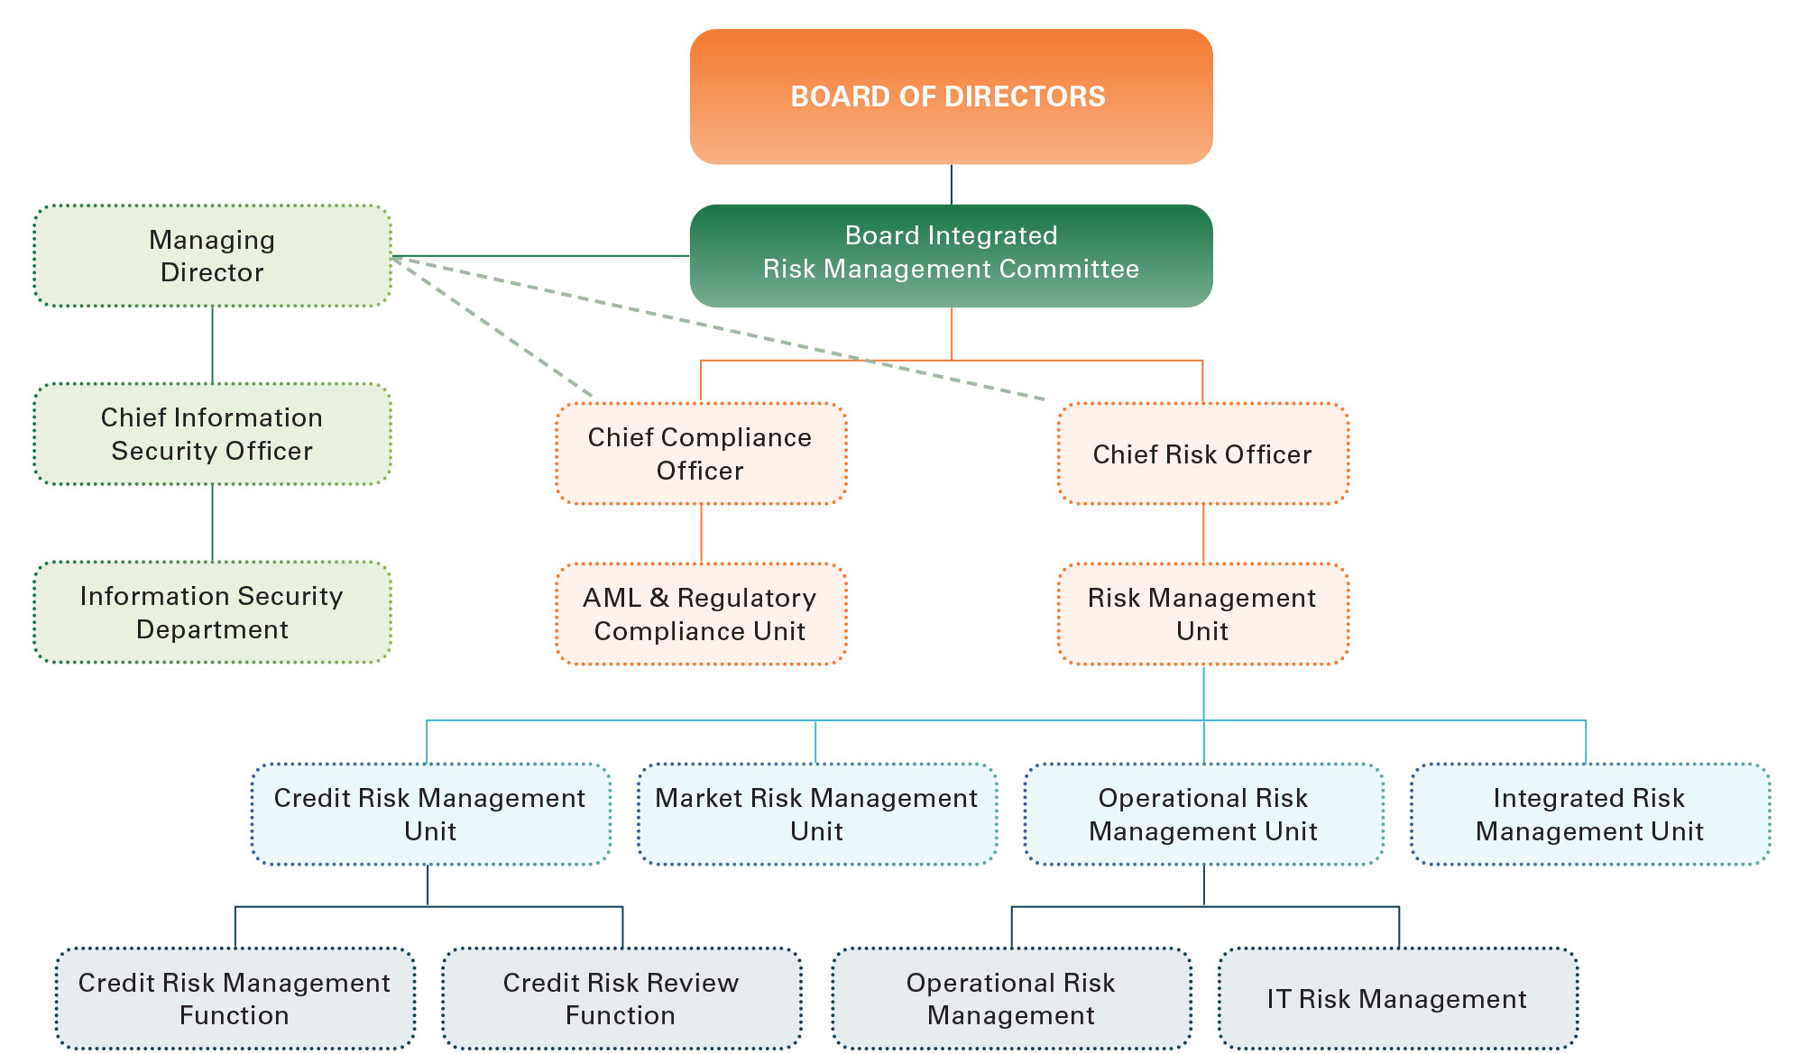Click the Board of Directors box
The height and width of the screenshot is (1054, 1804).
tap(951, 96)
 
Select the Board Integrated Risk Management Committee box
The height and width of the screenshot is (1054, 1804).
tap(951, 256)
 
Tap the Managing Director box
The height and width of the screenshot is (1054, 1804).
tap(212, 256)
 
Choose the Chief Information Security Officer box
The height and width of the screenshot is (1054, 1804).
tap(212, 434)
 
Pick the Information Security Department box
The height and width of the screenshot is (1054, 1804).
tap(212, 612)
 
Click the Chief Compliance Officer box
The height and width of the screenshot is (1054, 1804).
tap(701, 454)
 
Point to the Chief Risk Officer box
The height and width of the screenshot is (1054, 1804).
tap(1202, 454)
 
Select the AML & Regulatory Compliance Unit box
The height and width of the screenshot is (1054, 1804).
tap(701, 614)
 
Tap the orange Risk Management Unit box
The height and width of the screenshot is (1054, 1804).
tap(1202, 614)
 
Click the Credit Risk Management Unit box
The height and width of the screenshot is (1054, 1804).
tap(430, 814)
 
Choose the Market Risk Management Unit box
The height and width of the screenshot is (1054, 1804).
tap(816, 814)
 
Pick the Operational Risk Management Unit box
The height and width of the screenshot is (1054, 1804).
tap(1203, 814)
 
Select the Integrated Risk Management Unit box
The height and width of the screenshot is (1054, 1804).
tap(1589, 814)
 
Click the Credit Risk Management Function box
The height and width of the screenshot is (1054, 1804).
tap(235, 998)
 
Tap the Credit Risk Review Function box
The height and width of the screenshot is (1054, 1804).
tap(621, 998)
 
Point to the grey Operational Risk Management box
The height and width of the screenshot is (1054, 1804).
tap(1011, 998)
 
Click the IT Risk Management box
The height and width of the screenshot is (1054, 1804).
tap(1397, 998)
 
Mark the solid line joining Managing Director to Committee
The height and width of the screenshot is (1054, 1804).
tap(541, 256)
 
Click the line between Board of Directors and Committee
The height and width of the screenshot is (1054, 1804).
tap(951, 185)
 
